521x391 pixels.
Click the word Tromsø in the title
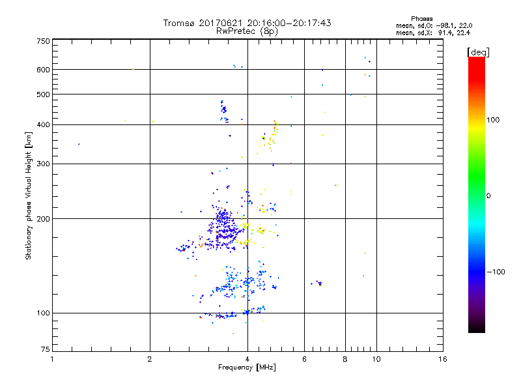point(179,23)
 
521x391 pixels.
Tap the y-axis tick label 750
point(42,41)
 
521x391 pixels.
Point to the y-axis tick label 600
point(42,70)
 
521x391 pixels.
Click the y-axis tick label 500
point(42,94)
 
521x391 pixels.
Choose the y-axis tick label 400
point(42,124)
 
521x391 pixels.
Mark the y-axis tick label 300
point(42,164)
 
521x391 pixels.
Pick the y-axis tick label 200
point(42,219)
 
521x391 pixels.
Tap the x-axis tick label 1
point(52,359)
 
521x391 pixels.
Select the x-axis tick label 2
point(150,359)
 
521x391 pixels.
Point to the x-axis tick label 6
point(304,359)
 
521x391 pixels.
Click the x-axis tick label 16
point(442,359)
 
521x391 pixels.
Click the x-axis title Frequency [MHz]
point(247,368)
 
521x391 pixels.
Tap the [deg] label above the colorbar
point(479,51)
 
